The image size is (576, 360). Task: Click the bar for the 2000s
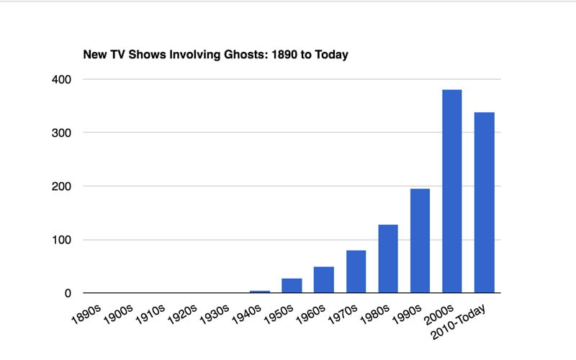click(x=452, y=191)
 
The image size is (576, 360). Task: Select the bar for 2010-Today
click(x=485, y=202)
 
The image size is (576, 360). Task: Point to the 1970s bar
click(x=356, y=271)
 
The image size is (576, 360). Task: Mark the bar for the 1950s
click(x=292, y=285)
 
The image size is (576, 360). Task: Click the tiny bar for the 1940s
click(x=259, y=292)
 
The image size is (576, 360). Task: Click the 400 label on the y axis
click(x=61, y=79)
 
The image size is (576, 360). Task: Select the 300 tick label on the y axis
click(x=61, y=132)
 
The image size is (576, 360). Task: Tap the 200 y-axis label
click(x=61, y=186)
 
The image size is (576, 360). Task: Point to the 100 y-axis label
click(x=61, y=240)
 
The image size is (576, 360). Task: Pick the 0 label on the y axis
click(x=68, y=293)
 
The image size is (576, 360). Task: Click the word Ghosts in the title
click(x=235, y=55)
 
